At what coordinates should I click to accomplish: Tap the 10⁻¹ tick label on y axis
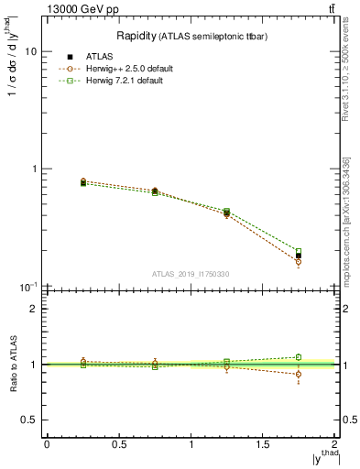coord(28,287)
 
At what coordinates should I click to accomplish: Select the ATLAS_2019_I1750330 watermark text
coord(191,274)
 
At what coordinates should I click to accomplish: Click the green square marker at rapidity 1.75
coord(299,251)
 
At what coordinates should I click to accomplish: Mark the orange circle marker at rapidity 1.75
coord(299,262)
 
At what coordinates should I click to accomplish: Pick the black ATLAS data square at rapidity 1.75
coord(299,256)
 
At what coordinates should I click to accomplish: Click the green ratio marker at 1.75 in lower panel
coord(299,357)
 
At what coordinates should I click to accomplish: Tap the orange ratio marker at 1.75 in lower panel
coord(299,374)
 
